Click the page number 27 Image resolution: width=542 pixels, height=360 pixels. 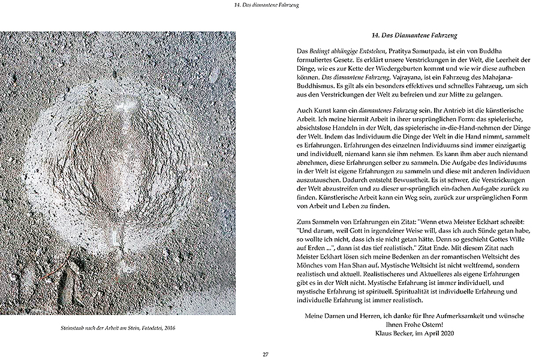tap(265, 354)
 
